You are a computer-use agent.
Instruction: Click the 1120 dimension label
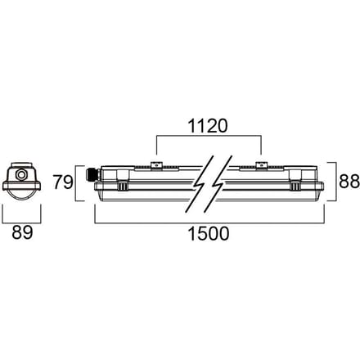pos(208,126)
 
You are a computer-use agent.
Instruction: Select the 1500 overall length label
pos(209,233)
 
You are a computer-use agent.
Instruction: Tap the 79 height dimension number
pos(63,182)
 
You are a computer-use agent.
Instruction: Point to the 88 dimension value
pos(349,181)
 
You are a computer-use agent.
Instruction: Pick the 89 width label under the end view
pos(22,232)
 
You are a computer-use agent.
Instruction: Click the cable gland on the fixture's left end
pos(90,175)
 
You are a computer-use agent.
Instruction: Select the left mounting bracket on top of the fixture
pos(156,165)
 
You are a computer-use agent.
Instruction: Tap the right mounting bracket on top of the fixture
pos(261,165)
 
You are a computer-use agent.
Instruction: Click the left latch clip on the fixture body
pos(123,187)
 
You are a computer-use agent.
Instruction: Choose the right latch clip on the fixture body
pos(295,187)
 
